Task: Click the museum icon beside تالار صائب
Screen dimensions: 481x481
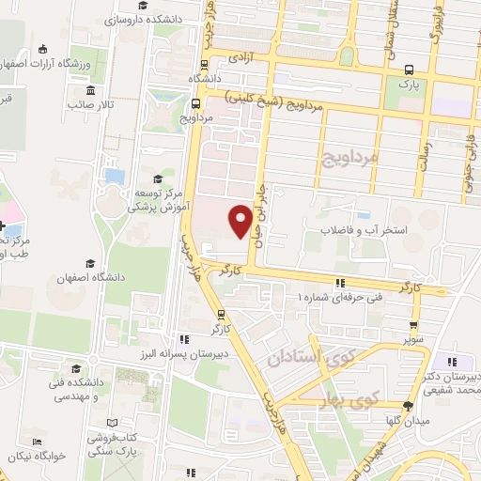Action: (90, 90)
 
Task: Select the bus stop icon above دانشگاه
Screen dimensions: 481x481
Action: (206, 64)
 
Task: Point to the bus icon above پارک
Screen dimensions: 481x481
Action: (409, 70)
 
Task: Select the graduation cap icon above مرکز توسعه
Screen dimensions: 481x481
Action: (157, 178)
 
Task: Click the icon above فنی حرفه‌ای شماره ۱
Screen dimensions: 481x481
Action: (340, 282)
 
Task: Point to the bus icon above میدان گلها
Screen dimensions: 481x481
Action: (408, 406)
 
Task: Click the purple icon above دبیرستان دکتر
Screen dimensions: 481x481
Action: (453, 363)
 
